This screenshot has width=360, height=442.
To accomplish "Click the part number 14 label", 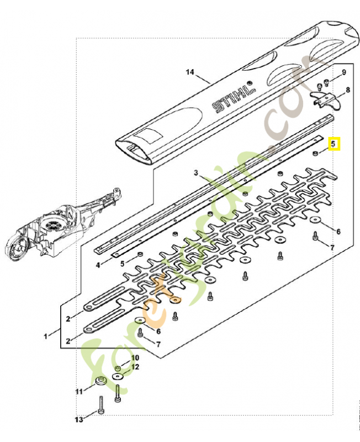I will (190, 72).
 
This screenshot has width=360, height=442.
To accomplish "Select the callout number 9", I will (343, 72).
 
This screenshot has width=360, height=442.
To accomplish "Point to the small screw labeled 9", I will (326, 83).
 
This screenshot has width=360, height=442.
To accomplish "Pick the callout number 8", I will (347, 90).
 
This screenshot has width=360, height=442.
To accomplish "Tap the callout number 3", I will (195, 173).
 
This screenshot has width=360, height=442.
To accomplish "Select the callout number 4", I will (98, 265).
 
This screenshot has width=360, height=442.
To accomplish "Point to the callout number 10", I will (135, 358).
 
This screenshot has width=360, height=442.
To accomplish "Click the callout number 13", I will (79, 420).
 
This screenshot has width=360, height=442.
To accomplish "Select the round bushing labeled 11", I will (101, 381).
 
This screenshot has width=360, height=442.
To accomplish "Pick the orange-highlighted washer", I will (176, 299).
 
